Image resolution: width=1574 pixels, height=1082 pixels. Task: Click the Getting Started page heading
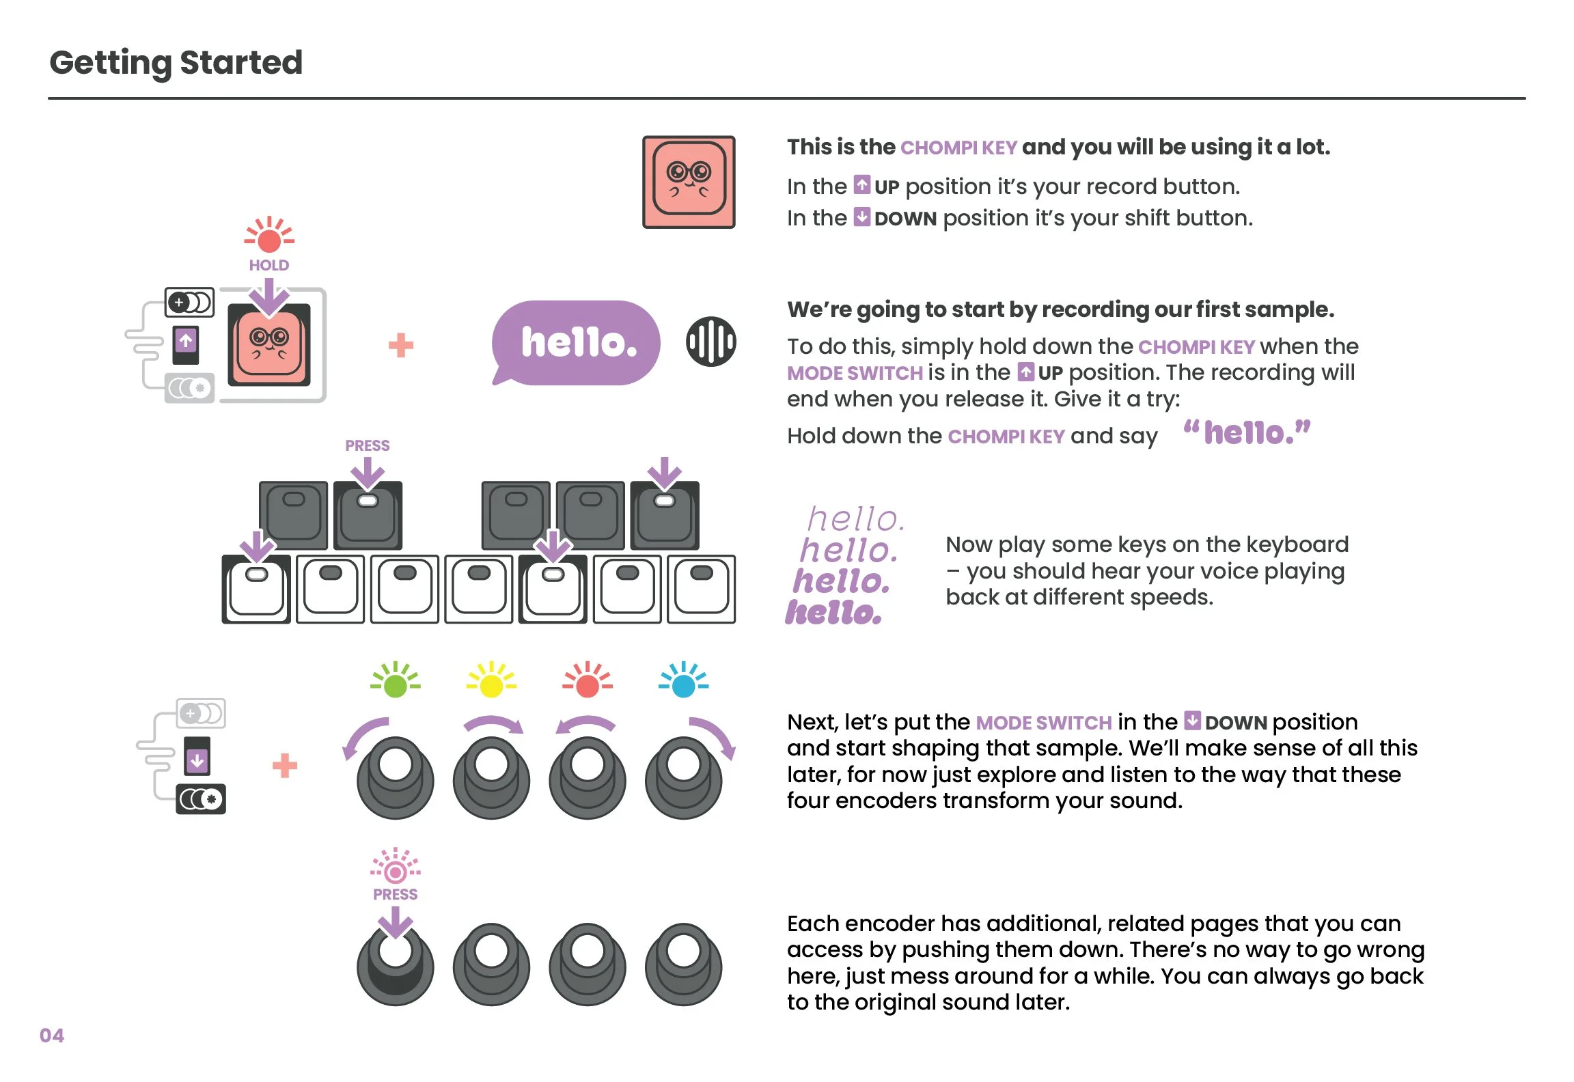pos(176,63)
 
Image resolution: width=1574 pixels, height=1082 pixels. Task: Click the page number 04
pos(52,1036)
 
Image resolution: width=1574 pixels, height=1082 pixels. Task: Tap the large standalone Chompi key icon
pos(689,182)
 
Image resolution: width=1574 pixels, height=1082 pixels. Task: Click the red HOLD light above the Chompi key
pos(269,238)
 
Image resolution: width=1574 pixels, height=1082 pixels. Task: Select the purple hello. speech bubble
pos(577,342)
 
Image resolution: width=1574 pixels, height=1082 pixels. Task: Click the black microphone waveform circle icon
pos(711,342)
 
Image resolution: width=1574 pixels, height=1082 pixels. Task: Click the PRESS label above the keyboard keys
pos(368,446)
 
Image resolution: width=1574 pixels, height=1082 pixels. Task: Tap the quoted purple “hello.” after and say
pos(1247,433)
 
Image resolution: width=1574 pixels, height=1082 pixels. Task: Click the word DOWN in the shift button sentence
pos(905,219)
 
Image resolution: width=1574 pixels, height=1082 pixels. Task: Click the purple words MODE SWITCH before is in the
pos(855,374)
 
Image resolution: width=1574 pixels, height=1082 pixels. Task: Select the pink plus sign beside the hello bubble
pos(401,346)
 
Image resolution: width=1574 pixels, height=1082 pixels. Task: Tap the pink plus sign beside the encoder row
pos(285,766)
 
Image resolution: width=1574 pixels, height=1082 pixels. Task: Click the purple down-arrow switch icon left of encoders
pos(197,759)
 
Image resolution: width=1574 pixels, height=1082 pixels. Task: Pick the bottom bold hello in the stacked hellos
pos(833,613)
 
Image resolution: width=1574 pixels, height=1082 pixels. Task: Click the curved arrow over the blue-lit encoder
pos(714,736)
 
